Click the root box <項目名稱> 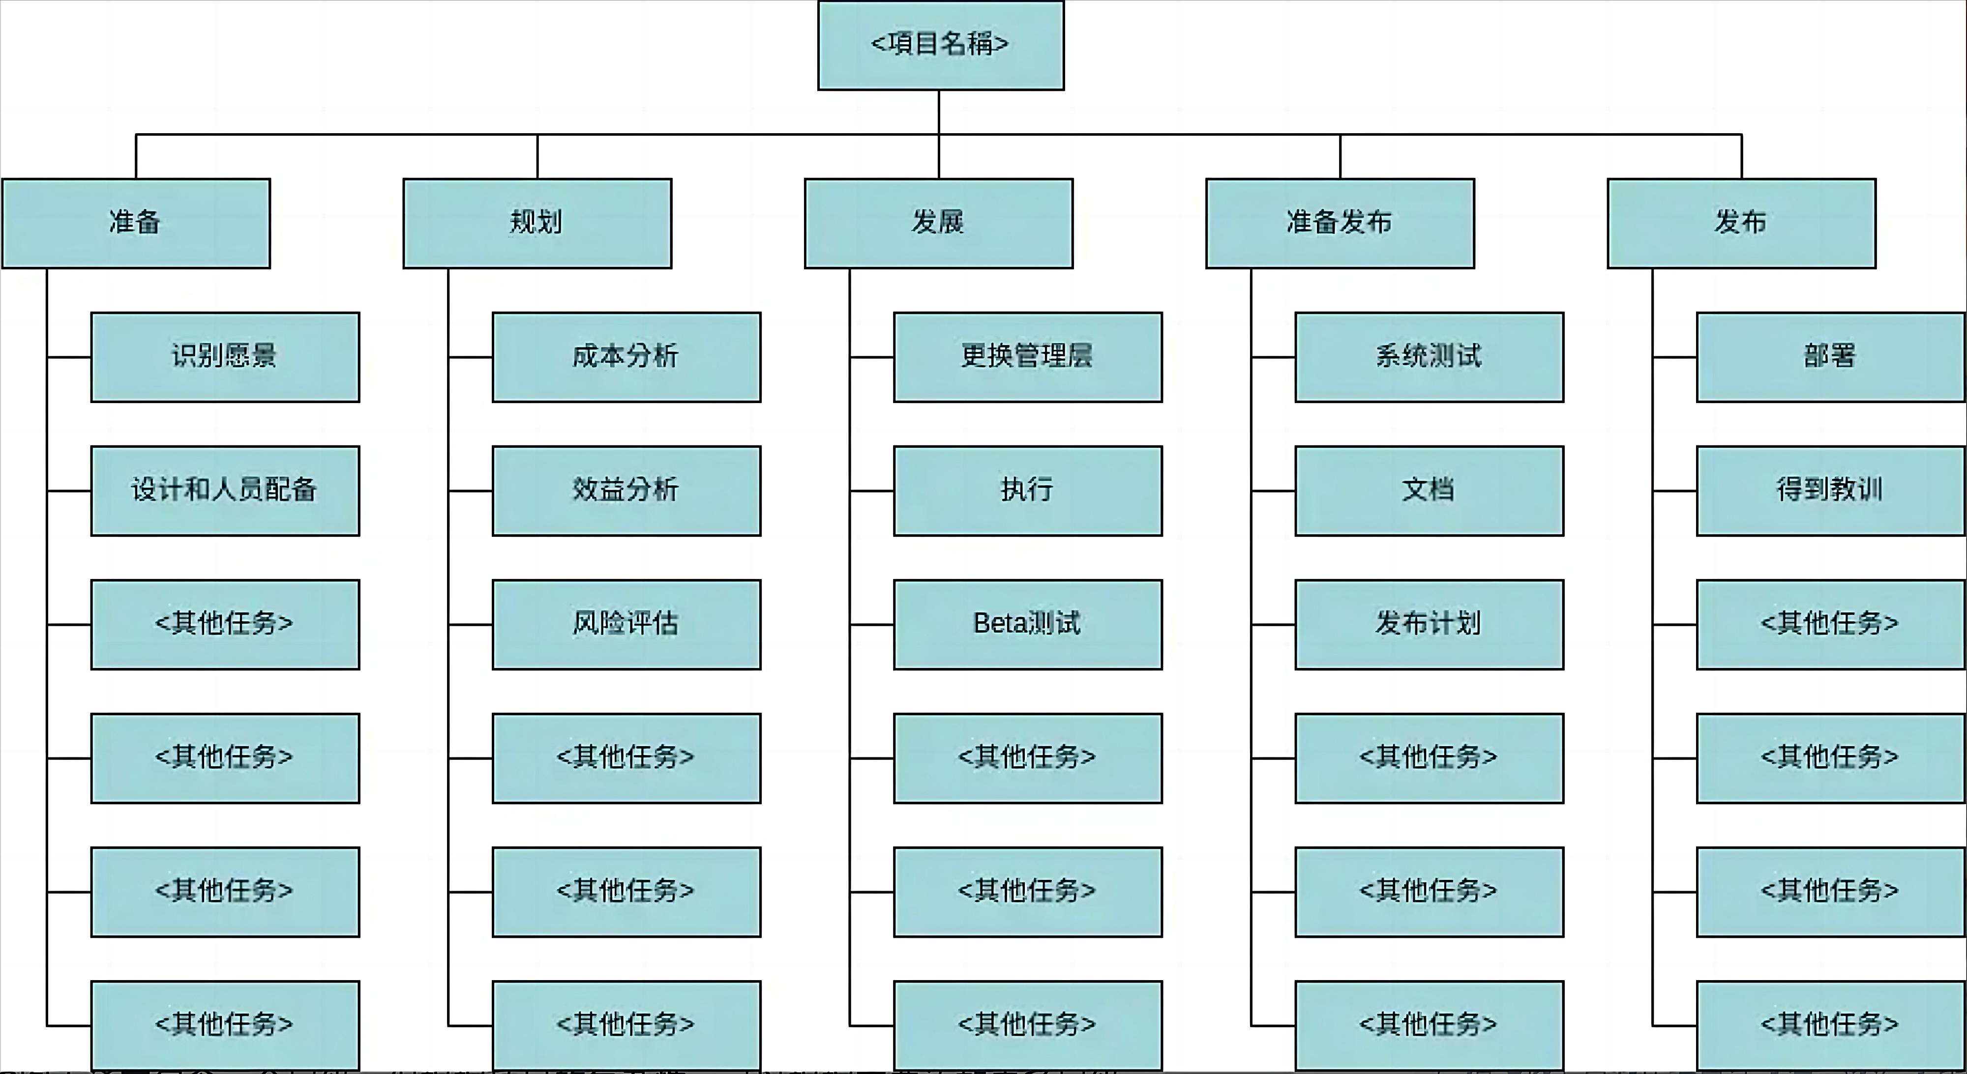click(x=940, y=45)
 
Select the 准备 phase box click(x=136, y=223)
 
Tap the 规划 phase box click(x=537, y=223)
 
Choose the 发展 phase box click(x=938, y=223)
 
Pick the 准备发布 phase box click(x=1340, y=223)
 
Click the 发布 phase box click(x=1741, y=223)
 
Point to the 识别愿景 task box click(x=225, y=356)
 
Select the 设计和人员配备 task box click(x=225, y=490)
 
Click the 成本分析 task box click(x=626, y=356)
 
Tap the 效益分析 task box click(x=626, y=490)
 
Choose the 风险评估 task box click(x=626, y=624)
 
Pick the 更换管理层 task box click(x=1028, y=356)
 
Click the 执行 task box click(x=1028, y=490)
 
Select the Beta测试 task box click(x=1028, y=624)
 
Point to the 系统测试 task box click(x=1429, y=356)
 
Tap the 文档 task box click(x=1429, y=490)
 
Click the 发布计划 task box click(x=1429, y=624)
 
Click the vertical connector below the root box click(x=938, y=112)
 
